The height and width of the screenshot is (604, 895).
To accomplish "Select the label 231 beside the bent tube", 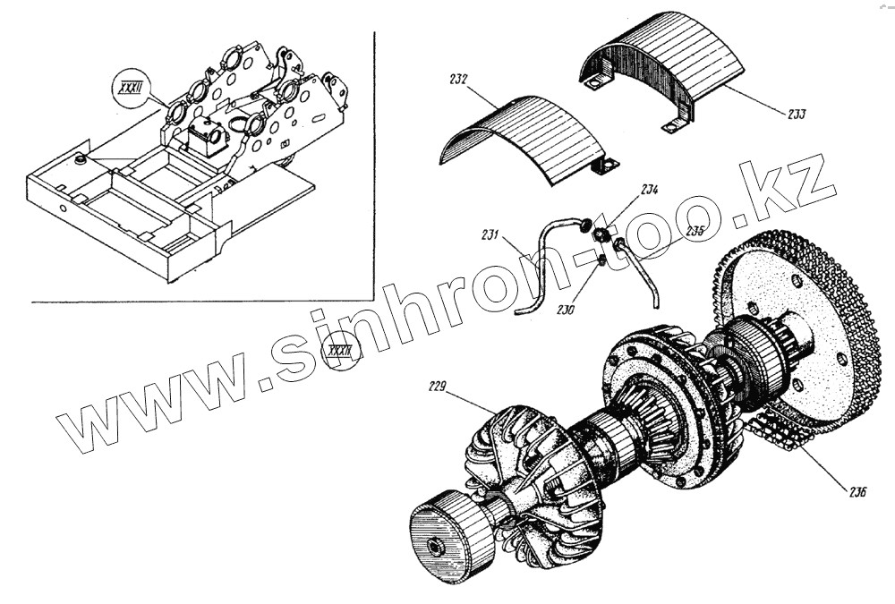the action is click(x=490, y=236).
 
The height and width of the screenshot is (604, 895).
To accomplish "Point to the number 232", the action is click(x=458, y=80).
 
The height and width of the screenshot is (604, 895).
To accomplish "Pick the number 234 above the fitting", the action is click(x=649, y=190).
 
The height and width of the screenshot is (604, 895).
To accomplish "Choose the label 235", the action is click(x=695, y=230).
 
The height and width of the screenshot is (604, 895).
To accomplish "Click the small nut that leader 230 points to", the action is click(x=601, y=260).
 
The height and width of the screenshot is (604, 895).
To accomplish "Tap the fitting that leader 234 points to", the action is click(x=605, y=236).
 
